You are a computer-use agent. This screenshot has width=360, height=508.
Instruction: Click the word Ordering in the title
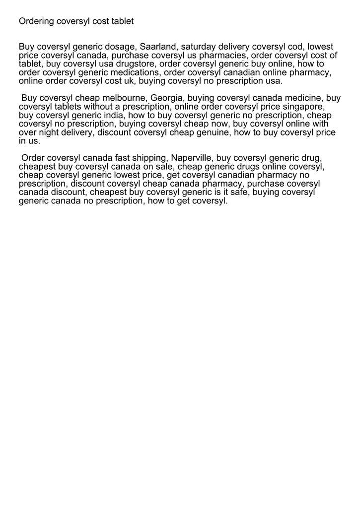(x=36, y=21)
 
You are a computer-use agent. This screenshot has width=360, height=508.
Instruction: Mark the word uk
(x=123, y=81)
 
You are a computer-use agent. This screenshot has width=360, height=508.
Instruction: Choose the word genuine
(x=210, y=132)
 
